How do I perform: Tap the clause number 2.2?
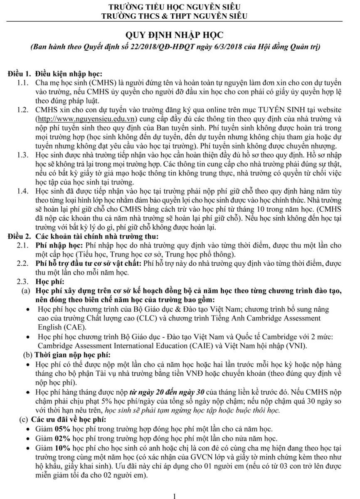point(22,264)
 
